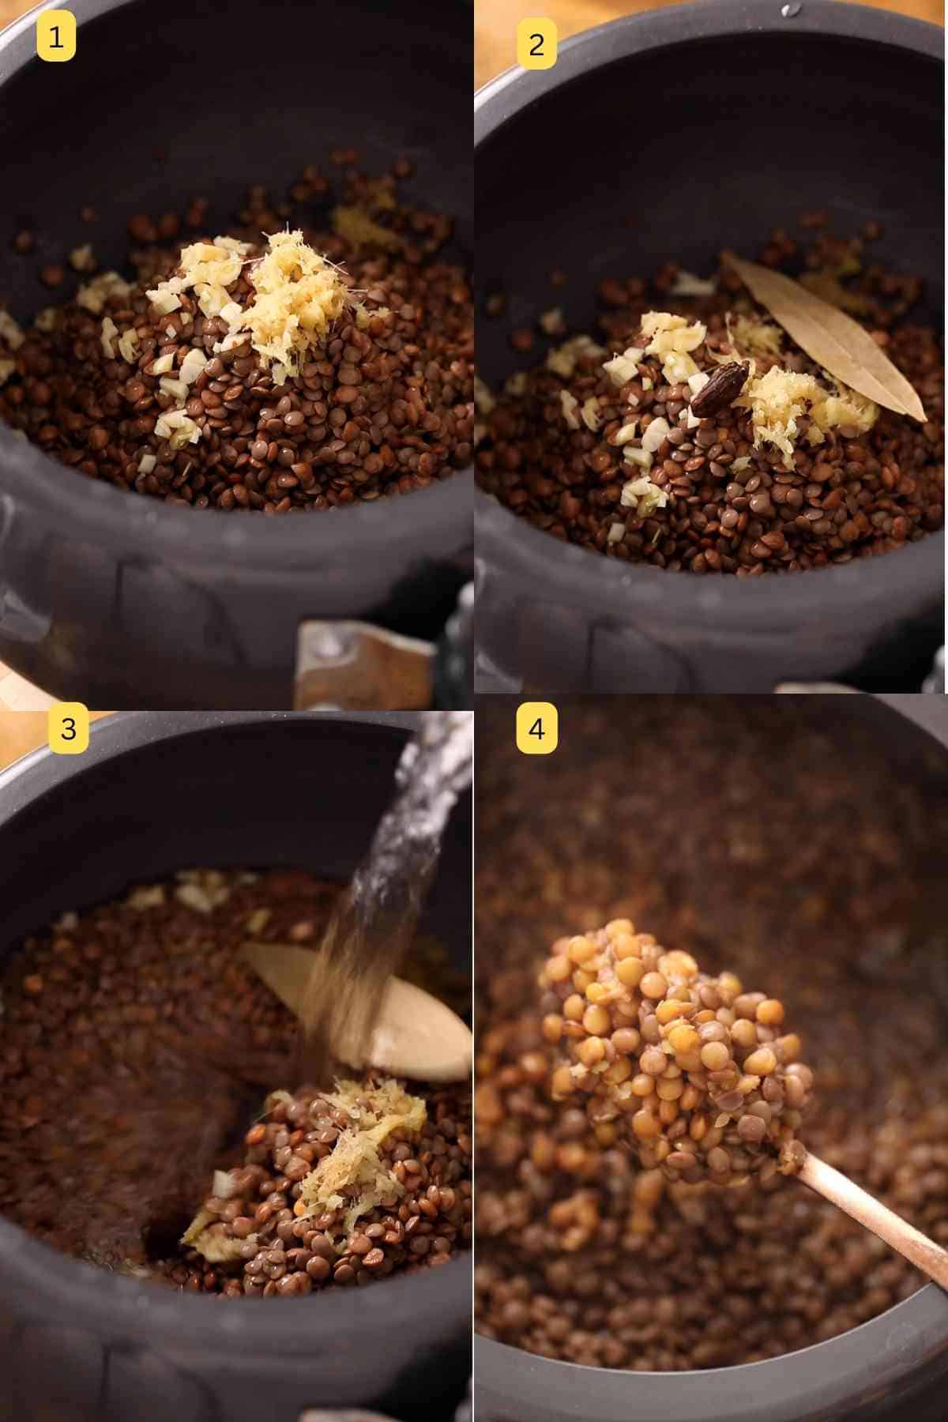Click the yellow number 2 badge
pyautogui.click(x=536, y=44)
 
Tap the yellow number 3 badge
pyautogui.click(x=69, y=728)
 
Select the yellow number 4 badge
pyautogui.click(x=536, y=728)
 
